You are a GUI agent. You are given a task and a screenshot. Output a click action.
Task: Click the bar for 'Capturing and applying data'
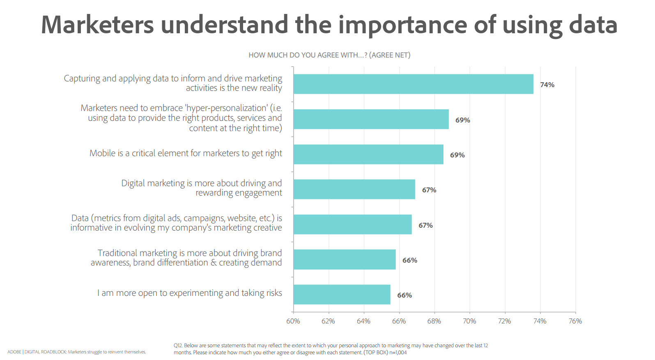point(413,84)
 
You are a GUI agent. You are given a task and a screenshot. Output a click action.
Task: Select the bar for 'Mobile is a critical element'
point(368,155)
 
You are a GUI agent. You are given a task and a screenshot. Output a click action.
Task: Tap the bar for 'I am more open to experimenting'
point(342,295)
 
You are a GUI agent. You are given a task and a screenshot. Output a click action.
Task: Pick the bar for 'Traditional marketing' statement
point(345,260)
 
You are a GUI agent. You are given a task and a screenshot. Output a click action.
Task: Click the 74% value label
point(547,85)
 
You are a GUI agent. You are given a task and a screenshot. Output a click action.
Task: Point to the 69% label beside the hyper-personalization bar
point(462,120)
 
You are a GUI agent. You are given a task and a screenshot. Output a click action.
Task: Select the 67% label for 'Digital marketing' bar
point(429,190)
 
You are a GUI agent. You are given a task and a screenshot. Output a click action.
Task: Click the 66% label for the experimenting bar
point(404,295)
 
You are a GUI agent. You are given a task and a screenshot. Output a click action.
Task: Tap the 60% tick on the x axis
point(293,321)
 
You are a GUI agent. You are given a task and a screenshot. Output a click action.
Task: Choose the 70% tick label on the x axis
point(469,321)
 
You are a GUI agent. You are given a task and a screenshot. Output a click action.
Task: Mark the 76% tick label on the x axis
point(575,321)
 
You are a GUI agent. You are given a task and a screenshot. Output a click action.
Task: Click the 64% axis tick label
point(363,321)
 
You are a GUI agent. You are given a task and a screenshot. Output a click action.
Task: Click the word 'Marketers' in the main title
point(97,25)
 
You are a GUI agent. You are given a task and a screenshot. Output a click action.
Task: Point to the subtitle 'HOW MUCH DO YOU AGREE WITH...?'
point(308,55)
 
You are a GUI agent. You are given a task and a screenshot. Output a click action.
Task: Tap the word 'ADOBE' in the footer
point(14,352)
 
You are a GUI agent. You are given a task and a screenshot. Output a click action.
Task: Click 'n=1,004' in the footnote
point(398,353)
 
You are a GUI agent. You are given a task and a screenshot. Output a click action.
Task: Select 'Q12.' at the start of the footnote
point(178,346)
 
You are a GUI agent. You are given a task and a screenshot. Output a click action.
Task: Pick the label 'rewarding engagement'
point(239,193)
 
